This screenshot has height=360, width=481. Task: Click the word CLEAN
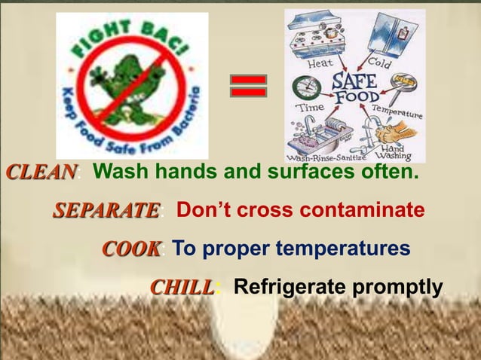pyautogui.click(x=41, y=172)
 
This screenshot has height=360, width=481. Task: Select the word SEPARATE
pyautogui.click(x=106, y=209)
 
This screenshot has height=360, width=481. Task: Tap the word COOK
pyautogui.click(x=132, y=248)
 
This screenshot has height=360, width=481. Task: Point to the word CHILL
pyautogui.click(x=182, y=287)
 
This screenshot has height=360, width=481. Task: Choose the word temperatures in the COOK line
pyautogui.click(x=348, y=249)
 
